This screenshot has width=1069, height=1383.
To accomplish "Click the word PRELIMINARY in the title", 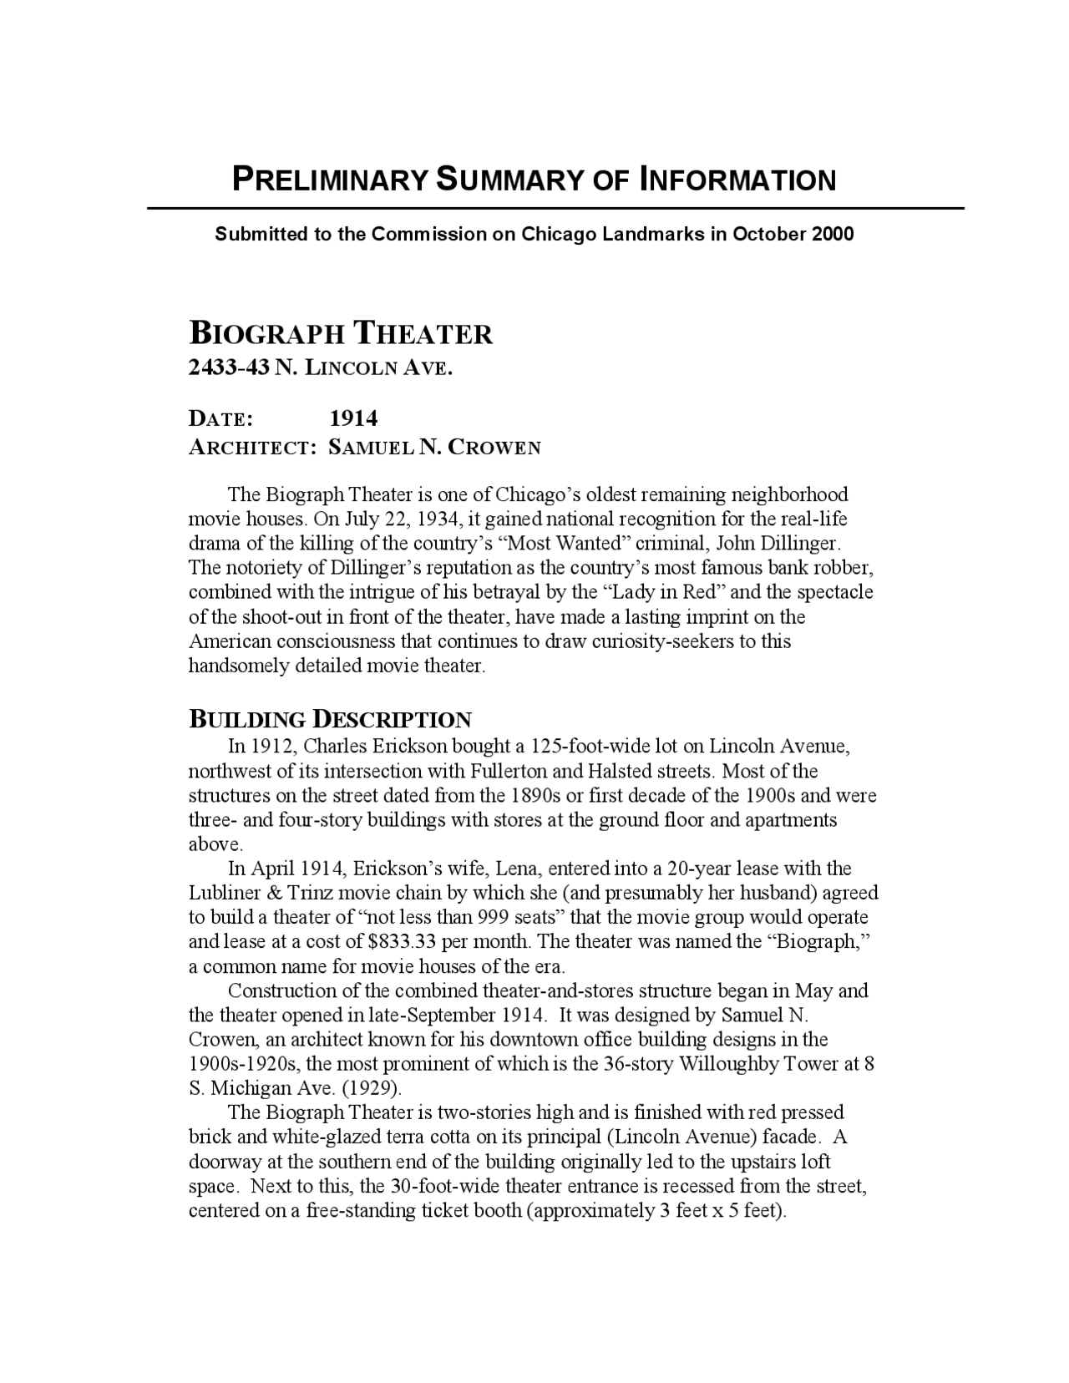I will pyautogui.click(x=329, y=180).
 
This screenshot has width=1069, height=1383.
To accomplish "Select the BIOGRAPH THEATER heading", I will pyautogui.click(x=341, y=334).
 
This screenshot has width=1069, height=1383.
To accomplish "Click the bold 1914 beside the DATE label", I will pyautogui.click(x=353, y=418).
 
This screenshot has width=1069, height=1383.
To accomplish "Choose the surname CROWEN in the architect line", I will pyautogui.click(x=494, y=448).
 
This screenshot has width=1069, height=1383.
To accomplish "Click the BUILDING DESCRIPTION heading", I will pyautogui.click(x=330, y=720).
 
